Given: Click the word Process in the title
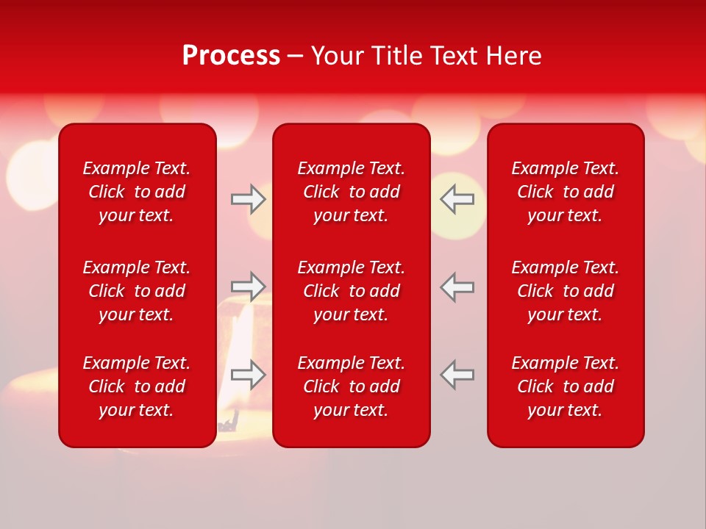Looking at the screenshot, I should (x=231, y=56).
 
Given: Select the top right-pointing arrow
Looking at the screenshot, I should (x=248, y=199).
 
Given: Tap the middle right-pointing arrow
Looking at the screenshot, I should (x=248, y=287).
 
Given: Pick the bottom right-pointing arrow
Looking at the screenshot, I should (x=248, y=375).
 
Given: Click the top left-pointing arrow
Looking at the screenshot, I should (x=457, y=199).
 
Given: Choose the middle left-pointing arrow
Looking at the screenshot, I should (x=457, y=287).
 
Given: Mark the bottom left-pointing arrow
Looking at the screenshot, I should (x=457, y=375).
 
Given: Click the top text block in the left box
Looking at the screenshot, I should (x=137, y=192).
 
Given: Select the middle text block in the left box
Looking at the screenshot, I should (x=137, y=291).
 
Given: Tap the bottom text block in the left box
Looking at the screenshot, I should (x=137, y=386).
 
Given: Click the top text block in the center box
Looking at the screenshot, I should (x=351, y=192).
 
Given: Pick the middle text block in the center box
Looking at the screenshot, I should (x=351, y=291).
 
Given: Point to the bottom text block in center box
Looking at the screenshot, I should (x=351, y=386).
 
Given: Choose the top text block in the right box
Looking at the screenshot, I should (x=565, y=192).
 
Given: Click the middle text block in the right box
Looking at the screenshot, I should (x=565, y=291).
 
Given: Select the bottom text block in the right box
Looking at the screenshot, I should (x=565, y=386).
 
